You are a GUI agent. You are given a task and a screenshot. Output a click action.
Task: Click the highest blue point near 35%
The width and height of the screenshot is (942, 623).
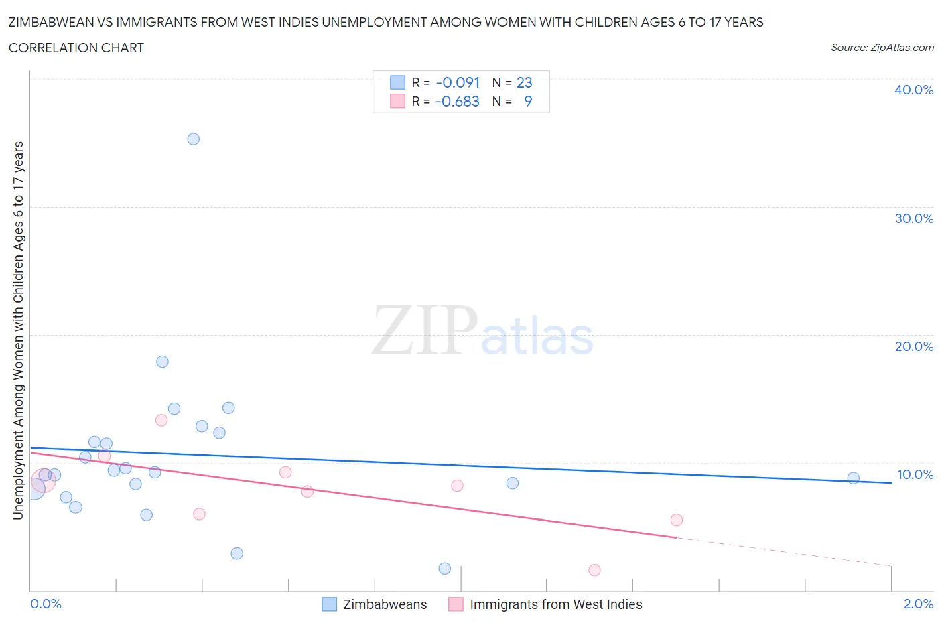pos(193,139)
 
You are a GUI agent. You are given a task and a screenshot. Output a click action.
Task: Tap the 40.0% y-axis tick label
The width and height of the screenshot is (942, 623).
pos(914,90)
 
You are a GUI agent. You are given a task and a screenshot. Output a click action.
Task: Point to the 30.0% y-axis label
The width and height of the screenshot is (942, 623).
pos(914,218)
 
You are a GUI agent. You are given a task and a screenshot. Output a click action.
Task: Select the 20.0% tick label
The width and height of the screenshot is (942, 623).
pos(914,346)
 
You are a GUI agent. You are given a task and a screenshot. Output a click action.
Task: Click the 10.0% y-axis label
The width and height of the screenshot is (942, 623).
pos(915,474)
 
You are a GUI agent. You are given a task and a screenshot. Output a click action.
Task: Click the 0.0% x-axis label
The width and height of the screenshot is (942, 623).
pos(46,604)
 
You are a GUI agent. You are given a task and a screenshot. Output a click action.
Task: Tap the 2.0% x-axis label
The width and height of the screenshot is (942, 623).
pos(918,604)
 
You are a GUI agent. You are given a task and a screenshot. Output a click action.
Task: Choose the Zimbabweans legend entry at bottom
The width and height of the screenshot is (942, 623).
pos(385,604)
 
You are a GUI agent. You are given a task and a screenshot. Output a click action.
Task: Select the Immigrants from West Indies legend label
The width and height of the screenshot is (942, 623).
pos(555,604)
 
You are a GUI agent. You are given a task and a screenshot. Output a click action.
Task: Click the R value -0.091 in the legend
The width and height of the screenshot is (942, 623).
pos(458,82)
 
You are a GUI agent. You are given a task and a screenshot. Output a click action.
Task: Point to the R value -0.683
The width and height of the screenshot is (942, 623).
pos(457,101)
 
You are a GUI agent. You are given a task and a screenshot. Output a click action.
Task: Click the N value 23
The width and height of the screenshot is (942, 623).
pos(524,82)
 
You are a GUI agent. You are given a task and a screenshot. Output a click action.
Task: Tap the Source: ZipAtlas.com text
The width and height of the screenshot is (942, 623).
pos(882,48)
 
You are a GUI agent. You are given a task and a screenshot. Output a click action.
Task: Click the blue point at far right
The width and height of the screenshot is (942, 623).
pos(853,478)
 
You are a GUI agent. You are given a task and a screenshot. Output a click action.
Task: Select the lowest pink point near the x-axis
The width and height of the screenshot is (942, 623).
pos(594,570)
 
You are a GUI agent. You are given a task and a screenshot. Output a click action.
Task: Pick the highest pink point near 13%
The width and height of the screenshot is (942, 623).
pos(161,420)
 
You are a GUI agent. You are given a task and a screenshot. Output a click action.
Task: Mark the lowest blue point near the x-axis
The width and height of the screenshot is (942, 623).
pos(444,568)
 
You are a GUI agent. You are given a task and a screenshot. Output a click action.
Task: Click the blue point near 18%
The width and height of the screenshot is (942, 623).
pos(162,362)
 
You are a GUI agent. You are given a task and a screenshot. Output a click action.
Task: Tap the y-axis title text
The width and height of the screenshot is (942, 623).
pos(18,330)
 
